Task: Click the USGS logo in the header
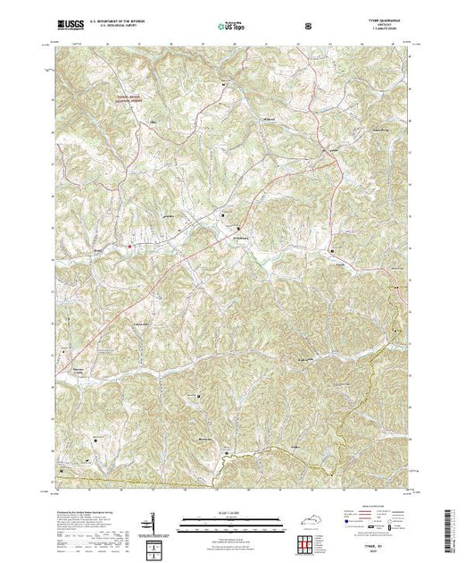tap(68, 25)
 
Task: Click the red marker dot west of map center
tap(130, 247)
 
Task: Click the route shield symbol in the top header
tap(309, 25)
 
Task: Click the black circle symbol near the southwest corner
tap(95, 439)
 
